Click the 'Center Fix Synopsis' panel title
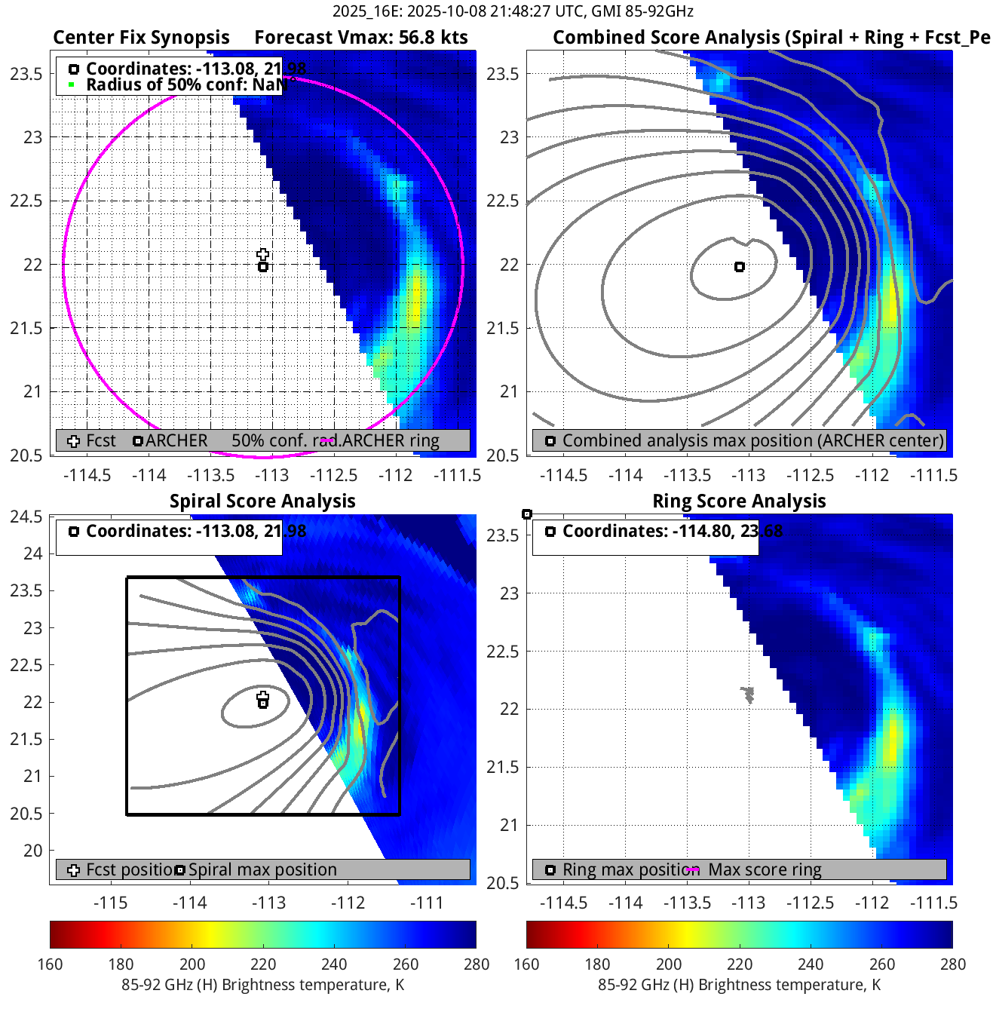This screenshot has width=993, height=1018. coord(141,38)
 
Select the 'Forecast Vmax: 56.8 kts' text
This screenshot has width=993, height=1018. coord(360,38)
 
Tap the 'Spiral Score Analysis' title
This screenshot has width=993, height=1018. coord(262,501)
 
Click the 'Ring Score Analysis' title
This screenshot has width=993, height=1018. coord(739,501)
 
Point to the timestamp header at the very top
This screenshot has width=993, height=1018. coord(513,11)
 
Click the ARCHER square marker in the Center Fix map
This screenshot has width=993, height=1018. coord(263,267)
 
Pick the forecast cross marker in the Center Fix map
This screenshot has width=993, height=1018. coord(262,254)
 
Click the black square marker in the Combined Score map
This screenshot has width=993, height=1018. coord(740,267)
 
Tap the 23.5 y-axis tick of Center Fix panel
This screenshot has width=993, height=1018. coord(26,74)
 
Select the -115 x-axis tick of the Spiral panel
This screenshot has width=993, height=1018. coord(110,903)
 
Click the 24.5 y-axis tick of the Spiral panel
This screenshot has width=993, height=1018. coord(26,517)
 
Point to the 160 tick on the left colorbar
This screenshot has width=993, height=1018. coord(50,964)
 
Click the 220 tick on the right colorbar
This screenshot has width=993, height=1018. coord(740,964)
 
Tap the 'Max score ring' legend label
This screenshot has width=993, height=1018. coord(765,870)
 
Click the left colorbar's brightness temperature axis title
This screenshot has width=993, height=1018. coord(262,985)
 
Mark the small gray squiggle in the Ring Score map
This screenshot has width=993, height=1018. coord(748,694)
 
